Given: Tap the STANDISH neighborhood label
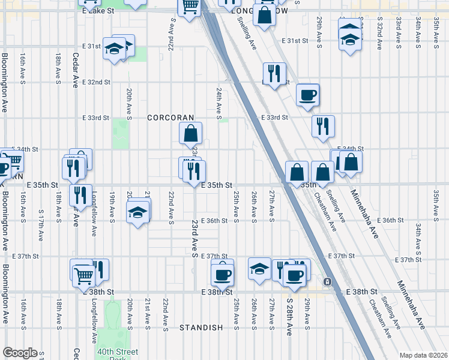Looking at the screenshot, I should click(201, 328).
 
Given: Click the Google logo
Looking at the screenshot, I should click(20, 353).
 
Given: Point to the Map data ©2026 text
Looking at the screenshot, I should click(423, 355).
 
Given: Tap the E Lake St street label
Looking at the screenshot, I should click(98, 11).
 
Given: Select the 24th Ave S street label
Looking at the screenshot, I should click(220, 100).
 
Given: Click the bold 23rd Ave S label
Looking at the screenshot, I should click(195, 239).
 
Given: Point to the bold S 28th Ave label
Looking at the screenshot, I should click(289, 317).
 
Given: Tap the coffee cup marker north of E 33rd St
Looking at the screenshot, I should click(307, 94).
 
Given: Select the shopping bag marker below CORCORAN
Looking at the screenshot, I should click(190, 133).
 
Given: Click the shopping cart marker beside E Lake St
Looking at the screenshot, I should click(190, 7).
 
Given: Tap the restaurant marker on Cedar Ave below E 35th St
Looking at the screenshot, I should click(78, 194).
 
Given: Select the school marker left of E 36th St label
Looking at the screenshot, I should click(137, 212).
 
